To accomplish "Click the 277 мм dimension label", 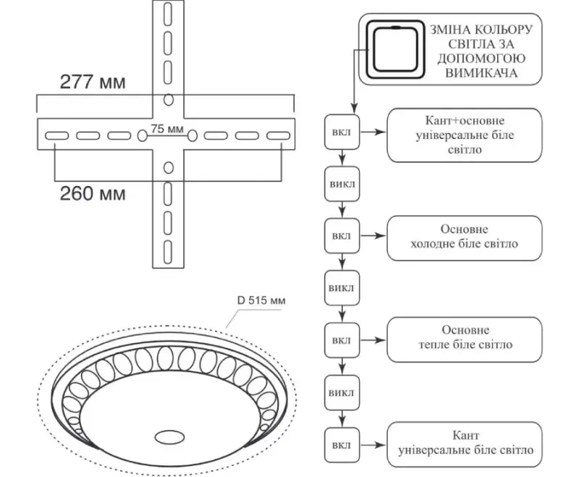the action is pos(93,82).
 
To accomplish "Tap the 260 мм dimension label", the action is pos(93,193).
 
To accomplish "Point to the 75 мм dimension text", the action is pos(167,129).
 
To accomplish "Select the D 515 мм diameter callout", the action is pos(261,300).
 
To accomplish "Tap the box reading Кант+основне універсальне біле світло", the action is pos(465,135).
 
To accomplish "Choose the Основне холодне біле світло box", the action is pos(465,238).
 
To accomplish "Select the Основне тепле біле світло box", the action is pos(465,339).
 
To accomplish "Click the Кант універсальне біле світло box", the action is pos(465,444).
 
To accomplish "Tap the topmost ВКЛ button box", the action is pos(342,132).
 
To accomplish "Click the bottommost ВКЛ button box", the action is pos(342,445).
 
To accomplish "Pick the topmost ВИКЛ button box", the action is pos(342,184).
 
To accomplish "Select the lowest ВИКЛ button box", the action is pos(342,392).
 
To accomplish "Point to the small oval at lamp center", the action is pos(169,437).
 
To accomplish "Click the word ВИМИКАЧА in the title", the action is pos(481,72).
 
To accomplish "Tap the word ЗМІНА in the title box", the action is pos(449,30).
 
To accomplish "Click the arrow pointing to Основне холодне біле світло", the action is pos(373,235).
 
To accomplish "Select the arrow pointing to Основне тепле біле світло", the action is pos(373,340).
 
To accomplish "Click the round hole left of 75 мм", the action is pos(142,135).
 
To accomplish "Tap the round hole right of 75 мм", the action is pos(192,135).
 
